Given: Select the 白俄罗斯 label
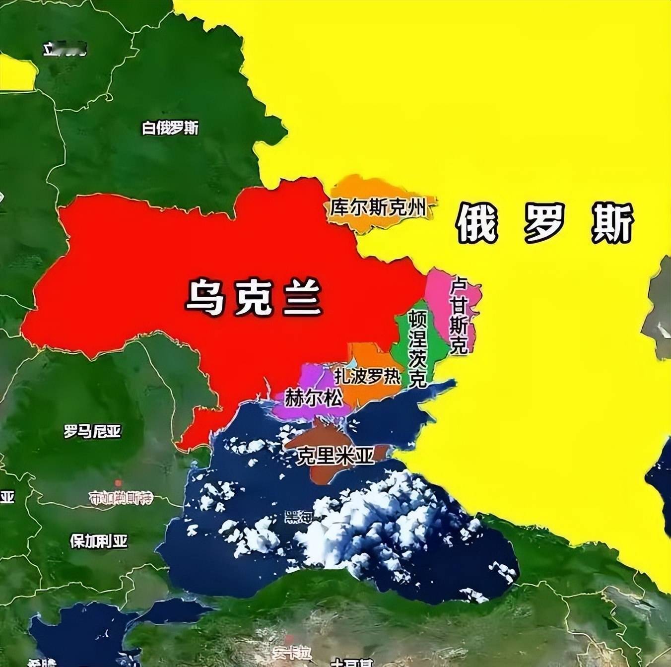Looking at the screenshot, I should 170,128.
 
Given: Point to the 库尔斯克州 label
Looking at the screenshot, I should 378,207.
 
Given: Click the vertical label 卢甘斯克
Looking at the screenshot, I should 458,316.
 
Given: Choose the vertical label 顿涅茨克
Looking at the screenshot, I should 417,349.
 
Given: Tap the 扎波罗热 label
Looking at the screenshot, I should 367,376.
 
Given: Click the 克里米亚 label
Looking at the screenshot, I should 335,455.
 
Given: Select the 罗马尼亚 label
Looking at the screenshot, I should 92,431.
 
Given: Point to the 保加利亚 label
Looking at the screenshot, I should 98,540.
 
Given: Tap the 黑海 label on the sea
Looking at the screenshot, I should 298,518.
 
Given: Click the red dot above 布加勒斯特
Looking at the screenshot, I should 118,483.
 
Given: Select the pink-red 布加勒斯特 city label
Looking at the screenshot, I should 121,497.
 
